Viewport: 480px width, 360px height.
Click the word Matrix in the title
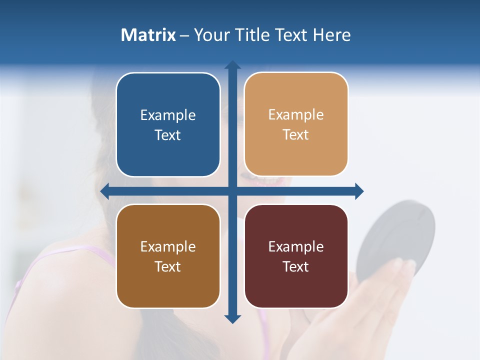coord(148,35)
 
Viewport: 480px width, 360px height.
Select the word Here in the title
coord(331,35)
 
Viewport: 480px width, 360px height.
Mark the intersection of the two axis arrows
coord(232,191)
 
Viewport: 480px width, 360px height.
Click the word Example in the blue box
coord(168,115)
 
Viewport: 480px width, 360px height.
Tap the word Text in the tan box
coord(295,135)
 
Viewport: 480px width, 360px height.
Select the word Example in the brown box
coord(168,246)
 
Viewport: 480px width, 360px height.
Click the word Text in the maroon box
coord(295,266)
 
